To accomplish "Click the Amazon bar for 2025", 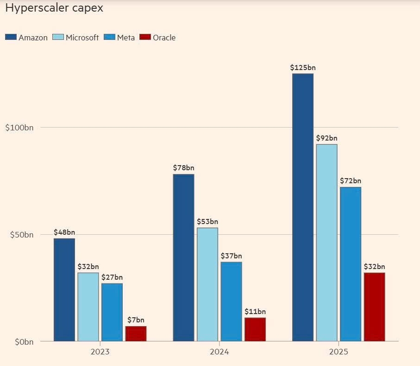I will click(303, 207).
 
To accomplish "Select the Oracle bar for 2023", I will click(136, 334).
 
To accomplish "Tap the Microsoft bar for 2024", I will click(207, 284).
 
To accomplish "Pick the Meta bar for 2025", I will click(351, 264).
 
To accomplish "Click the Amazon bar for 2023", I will click(64, 290).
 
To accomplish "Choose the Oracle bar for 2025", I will click(374, 307).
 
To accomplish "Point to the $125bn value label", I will click(303, 68).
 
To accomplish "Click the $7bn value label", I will click(136, 320).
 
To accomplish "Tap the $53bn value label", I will click(207, 222).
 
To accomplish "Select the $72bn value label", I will click(351, 181).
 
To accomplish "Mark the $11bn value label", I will click(255, 312).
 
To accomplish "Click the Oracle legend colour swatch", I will click(145, 37).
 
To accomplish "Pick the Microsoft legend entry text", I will click(82, 38).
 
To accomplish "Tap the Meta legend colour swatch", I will click(109, 37).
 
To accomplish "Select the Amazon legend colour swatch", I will click(11, 37).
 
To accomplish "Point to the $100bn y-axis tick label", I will click(19, 128).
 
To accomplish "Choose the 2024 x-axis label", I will click(219, 352).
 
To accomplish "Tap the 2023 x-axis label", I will click(100, 352).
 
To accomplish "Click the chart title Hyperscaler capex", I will click(54, 8).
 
